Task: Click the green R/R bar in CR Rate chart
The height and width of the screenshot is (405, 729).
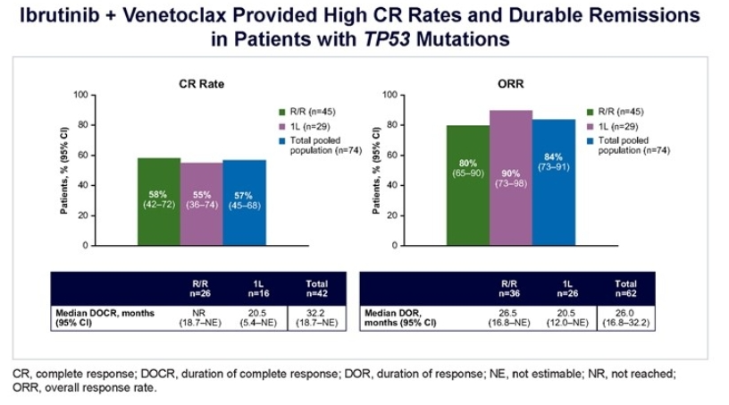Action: pos(159,201)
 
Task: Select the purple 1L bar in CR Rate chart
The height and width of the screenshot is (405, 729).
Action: pos(201,204)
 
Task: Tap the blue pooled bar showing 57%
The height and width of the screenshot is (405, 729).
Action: pos(244,202)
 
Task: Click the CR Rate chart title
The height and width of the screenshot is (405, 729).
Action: pos(201,83)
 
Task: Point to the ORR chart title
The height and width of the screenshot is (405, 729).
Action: pos(511,83)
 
